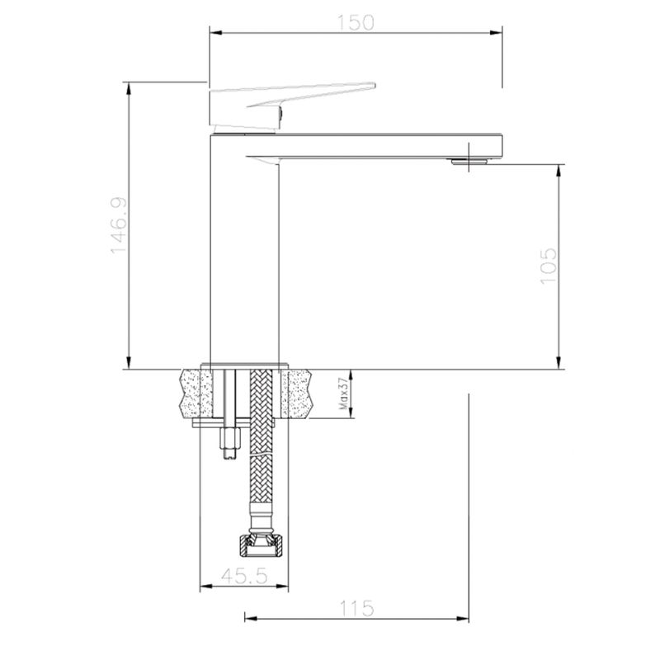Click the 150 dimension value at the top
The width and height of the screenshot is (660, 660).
tap(356, 22)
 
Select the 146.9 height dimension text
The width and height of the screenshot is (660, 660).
tap(119, 225)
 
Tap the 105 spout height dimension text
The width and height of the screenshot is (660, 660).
tap(548, 266)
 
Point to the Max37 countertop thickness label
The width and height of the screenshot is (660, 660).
tap(344, 394)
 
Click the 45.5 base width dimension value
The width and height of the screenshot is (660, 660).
tap(244, 576)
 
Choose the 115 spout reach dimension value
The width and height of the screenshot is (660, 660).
tap(356, 609)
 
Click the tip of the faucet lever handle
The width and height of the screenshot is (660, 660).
tap(375, 86)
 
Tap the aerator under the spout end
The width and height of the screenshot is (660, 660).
tap(469, 161)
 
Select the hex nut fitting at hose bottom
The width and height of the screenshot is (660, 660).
tap(262, 545)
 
